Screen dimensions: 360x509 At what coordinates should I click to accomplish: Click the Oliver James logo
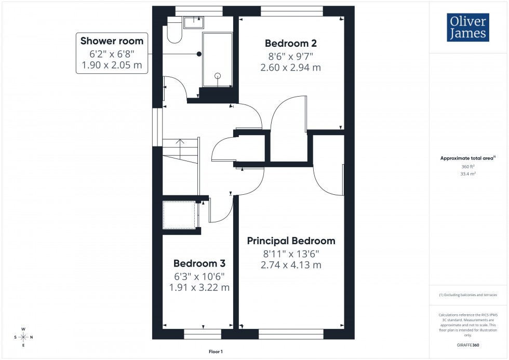[467, 28]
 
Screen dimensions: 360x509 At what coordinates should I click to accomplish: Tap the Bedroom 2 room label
[290, 43]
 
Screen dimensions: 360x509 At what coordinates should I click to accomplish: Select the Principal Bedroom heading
[291, 241]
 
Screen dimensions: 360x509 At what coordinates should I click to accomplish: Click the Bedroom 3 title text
[200, 263]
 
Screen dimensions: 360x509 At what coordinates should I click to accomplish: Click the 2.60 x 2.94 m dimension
[290, 67]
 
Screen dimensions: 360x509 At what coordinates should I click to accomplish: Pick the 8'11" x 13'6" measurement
[291, 254]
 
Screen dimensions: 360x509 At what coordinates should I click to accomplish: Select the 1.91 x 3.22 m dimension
[200, 287]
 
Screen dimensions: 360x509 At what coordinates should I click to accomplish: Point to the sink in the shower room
[194, 21]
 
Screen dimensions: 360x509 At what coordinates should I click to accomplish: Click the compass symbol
[23, 337]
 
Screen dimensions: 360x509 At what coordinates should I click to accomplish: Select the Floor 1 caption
[212, 352]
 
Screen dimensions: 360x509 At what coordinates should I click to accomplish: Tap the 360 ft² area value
[468, 167]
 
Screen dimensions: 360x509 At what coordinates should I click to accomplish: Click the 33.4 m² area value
[468, 175]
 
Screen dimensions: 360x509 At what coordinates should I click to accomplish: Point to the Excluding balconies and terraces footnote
[468, 295]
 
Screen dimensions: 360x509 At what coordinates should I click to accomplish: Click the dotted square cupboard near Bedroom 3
[179, 215]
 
